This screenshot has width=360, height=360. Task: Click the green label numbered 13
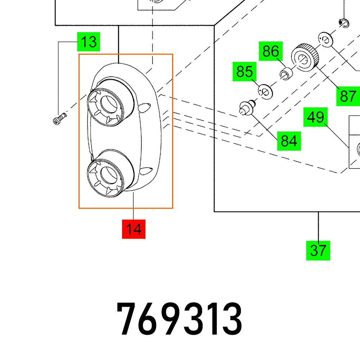tap(88, 42)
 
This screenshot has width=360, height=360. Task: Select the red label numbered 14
tap(134, 229)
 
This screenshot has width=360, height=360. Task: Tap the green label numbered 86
tap(271, 51)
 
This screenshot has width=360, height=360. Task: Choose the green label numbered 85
tap(244, 72)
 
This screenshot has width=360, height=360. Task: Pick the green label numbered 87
tap(348, 96)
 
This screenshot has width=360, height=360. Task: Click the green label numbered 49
tap(315, 117)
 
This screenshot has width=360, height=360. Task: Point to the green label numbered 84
tap(289, 140)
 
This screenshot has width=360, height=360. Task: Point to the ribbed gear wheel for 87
tap(305, 57)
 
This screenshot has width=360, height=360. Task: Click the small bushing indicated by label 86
tap(287, 73)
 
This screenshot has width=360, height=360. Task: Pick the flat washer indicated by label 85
tap(266, 91)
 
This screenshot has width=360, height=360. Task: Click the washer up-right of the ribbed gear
tap(325, 40)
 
